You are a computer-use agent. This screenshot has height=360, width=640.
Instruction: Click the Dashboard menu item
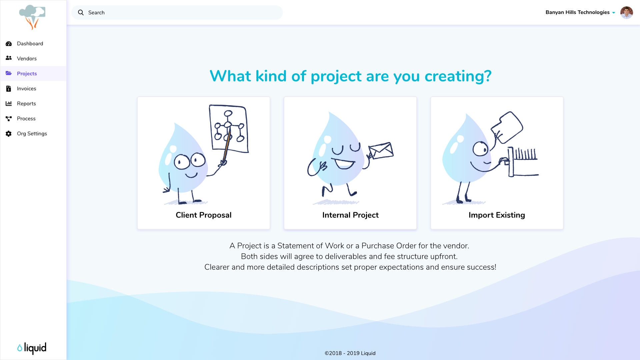pyautogui.click(x=30, y=44)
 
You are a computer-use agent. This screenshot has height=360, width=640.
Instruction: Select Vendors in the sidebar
pyautogui.click(x=27, y=59)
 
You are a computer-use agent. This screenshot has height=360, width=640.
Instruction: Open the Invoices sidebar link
pyautogui.click(x=26, y=89)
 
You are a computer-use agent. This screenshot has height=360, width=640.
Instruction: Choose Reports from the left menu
pyautogui.click(x=26, y=104)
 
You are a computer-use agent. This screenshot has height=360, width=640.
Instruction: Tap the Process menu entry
pyautogui.click(x=26, y=119)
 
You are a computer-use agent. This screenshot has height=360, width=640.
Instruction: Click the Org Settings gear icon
pyautogui.click(x=9, y=134)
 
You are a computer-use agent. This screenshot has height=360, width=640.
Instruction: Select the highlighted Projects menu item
pyautogui.click(x=27, y=74)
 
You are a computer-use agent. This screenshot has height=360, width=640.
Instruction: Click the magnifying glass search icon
pyautogui.click(x=81, y=13)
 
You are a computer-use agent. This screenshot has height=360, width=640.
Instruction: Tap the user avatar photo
pyautogui.click(x=627, y=13)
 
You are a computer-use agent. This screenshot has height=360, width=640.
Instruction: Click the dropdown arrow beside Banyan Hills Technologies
pyautogui.click(x=614, y=13)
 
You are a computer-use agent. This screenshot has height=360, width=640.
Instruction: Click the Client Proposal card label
pyautogui.click(x=204, y=215)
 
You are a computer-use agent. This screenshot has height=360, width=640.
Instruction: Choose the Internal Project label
pyautogui.click(x=350, y=215)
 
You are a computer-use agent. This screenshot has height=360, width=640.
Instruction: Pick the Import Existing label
pyautogui.click(x=497, y=215)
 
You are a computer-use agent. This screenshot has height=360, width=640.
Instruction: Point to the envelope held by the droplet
pyautogui.click(x=381, y=151)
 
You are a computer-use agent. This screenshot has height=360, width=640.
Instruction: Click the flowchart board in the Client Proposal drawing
pyautogui.click(x=229, y=129)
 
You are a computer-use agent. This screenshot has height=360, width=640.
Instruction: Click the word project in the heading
pyautogui.click(x=336, y=76)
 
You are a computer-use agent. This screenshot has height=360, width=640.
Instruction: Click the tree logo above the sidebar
pyautogui.click(x=32, y=17)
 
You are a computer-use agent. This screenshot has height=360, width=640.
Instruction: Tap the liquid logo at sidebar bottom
pyautogui.click(x=32, y=348)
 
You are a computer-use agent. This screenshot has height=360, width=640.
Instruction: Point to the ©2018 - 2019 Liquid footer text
pyautogui.click(x=350, y=353)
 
